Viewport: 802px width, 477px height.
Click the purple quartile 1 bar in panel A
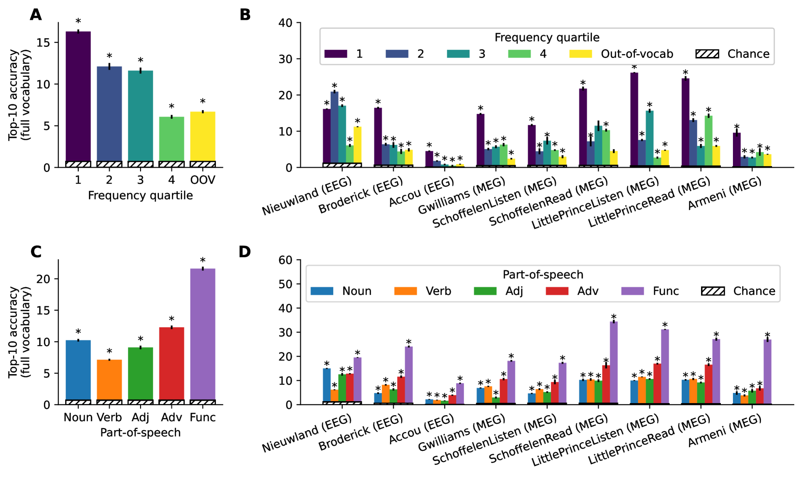pyautogui.click(x=78, y=97)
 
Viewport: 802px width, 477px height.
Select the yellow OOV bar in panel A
pyautogui.click(x=202, y=138)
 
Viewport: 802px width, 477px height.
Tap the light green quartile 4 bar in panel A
pyautogui.click(x=171, y=140)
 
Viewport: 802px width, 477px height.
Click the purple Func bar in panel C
pyautogui.click(x=202, y=333)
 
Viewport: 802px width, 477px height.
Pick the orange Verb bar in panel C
pyautogui.click(x=109, y=379)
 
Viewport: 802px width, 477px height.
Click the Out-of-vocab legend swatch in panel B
pyautogui.click(x=581, y=54)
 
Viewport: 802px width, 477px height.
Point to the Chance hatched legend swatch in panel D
pyautogui.click(x=713, y=291)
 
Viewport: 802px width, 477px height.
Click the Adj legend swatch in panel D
pyautogui.click(x=485, y=291)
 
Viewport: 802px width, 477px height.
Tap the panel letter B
pyautogui.click(x=245, y=15)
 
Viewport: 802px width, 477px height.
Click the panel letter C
pyautogui.click(x=36, y=252)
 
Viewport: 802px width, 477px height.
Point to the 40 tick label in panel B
pyautogui.click(x=285, y=23)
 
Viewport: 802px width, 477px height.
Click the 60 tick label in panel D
pyautogui.click(x=285, y=260)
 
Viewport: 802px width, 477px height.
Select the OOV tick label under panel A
pyautogui.click(x=202, y=180)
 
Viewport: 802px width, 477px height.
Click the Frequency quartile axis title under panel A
pyautogui.click(x=140, y=196)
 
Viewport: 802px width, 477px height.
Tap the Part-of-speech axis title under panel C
pyautogui.click(x=140, y=433)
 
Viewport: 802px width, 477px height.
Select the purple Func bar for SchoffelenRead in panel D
pyautogui.click(x=614, y=363)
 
